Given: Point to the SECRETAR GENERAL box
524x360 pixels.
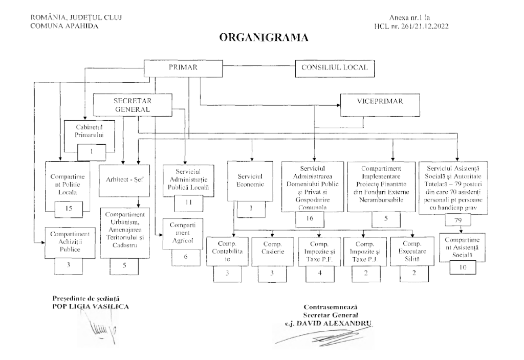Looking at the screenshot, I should [x=131, y=105].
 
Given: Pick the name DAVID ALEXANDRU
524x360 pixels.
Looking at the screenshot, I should [x=339, y=323].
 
